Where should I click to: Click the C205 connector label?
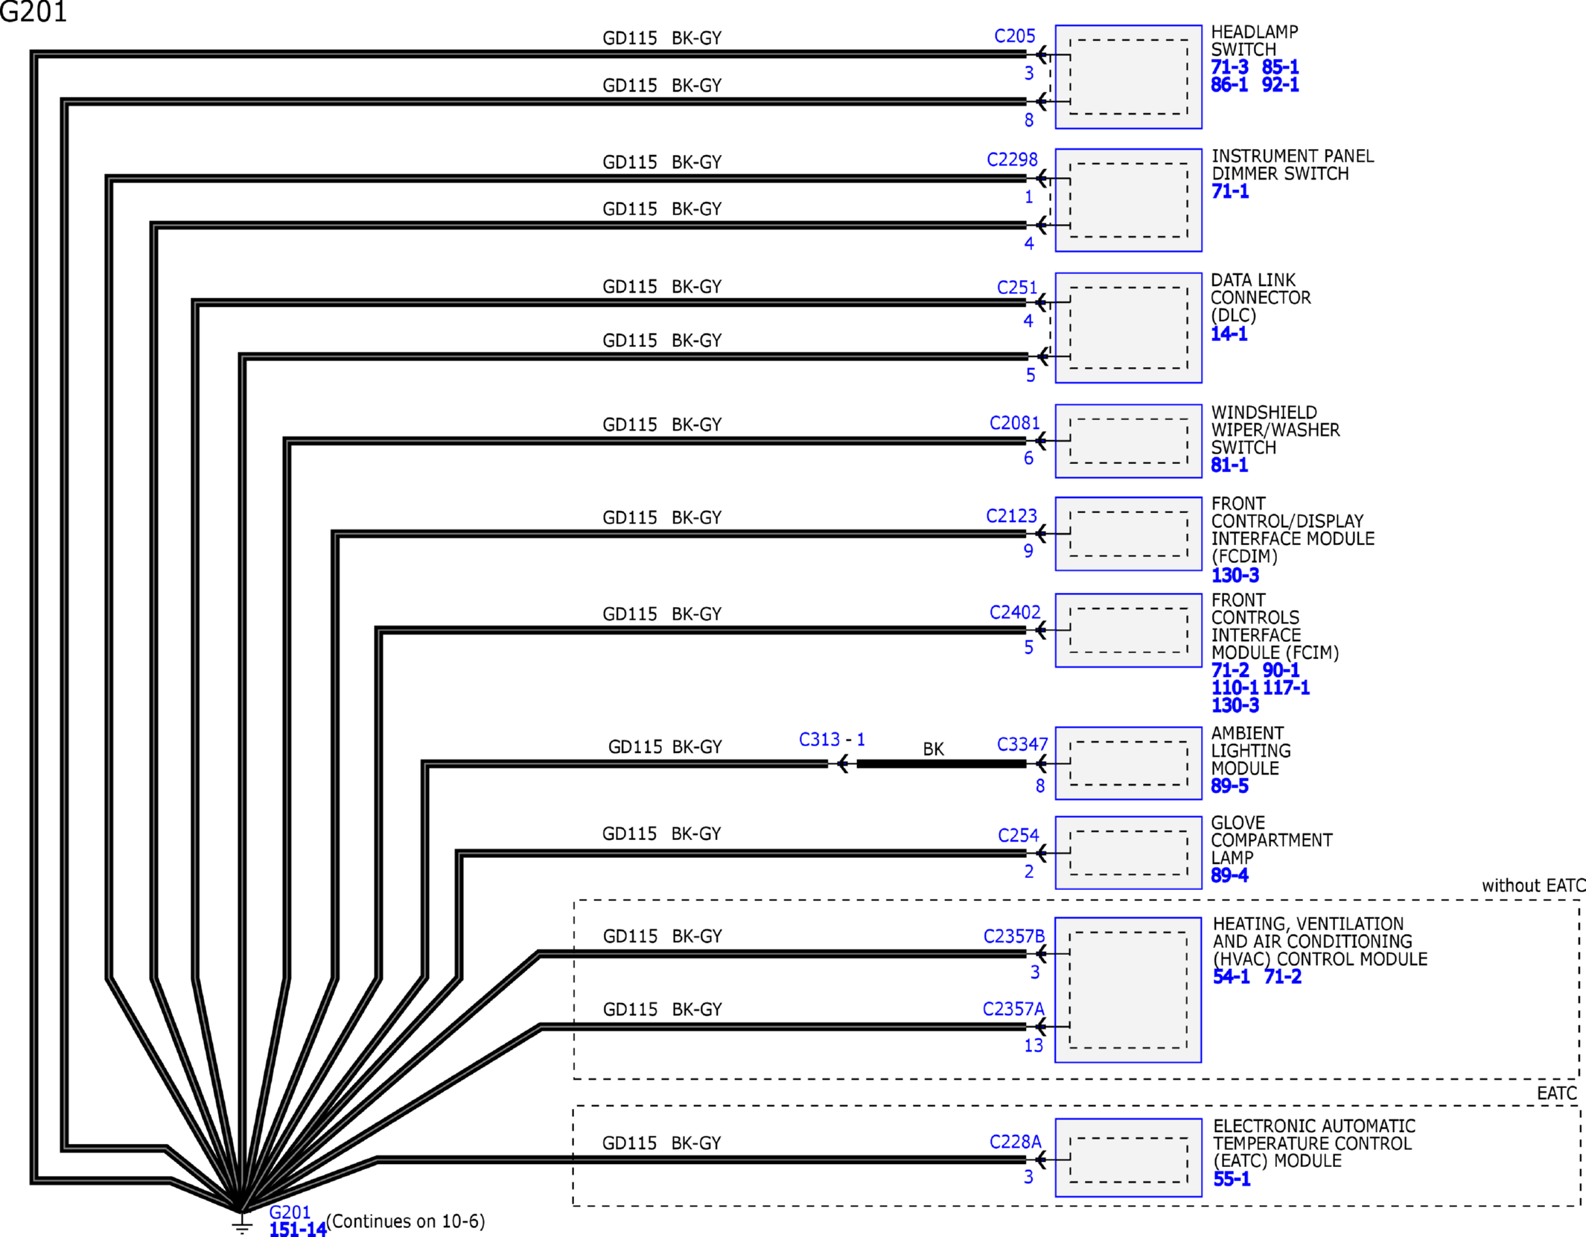click(x=1014, y=36)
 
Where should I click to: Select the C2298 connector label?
click(x=1011, y=159)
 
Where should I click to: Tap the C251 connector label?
click(x=1016, y=287)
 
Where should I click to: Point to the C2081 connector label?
click(x=1013, y=423)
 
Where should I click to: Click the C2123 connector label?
click(x=1010, y=516)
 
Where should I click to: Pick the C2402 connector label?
click(x=1014, y=612)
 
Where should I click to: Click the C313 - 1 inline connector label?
click(x=831, y=740)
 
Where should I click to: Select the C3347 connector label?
click(x=1022, y=744)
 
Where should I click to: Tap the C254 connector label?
click(x=1017, y=835)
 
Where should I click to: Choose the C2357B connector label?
click(x=1013, y=936)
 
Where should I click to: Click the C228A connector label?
click(x=1015, y=1142)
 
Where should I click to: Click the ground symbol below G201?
click(x=242, y=1224)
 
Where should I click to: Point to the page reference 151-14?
click(x=297, y=1230)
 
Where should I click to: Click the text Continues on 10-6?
click(x=406, y=1221)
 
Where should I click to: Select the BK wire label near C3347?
click(x=933, y=748)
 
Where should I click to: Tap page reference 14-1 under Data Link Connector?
click(x=1229, y=334)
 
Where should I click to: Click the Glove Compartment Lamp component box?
click(x=1127, y=853)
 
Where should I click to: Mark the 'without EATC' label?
click(x=1532, y=885)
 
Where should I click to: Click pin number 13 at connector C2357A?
click(x=1033, y=1046)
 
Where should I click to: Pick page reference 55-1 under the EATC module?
click(x=1232, y=1179)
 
